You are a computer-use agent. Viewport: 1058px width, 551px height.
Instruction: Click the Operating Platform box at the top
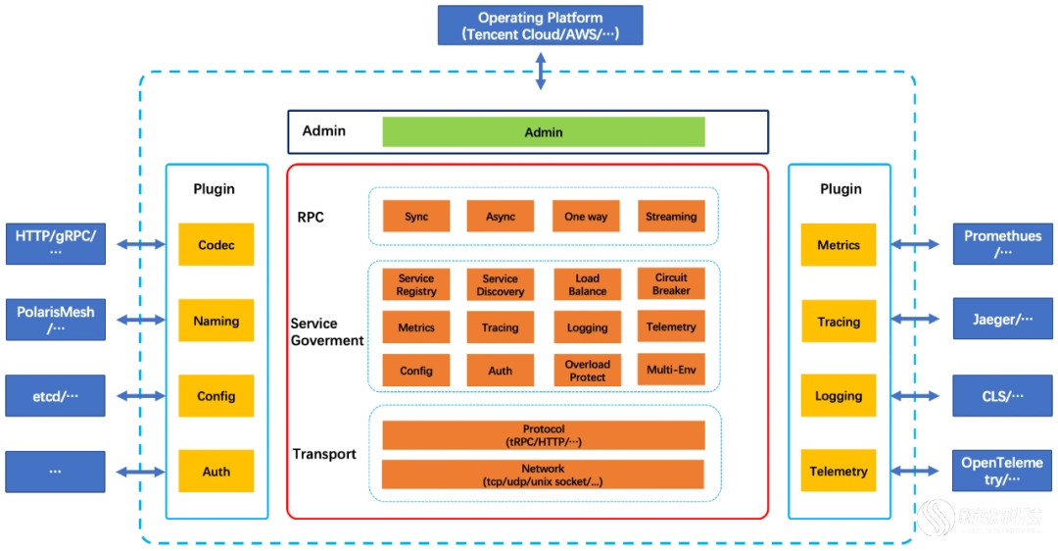pyautogui.click(x=540, y=25)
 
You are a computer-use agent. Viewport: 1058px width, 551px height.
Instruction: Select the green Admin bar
pyautogui.click(x=543, y=131)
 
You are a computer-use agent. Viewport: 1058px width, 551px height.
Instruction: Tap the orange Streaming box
pyautogui.click(x=671, y=216)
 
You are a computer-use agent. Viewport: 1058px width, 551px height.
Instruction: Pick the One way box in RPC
pyautogui.click(x=586, y=216)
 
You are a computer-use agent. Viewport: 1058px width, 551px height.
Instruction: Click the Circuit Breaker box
pyautogui.click(x=671, y=283)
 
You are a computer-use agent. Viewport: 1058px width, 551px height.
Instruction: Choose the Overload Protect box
pyautogui.click(x=587, y=370)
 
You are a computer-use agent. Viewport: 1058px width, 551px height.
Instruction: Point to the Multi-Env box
pyautogui.click(x=671, y=370)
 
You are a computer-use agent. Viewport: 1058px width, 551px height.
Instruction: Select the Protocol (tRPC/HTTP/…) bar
pyautogui.click(x=543, y=435)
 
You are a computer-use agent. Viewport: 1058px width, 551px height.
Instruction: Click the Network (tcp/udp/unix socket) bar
pyautogui.click(x=543, y=474)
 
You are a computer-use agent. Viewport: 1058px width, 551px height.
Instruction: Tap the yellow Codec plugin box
pyautogui.click(x=216, y=244)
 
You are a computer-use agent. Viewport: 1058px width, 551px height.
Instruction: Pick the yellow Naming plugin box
pyautogui.click(x=216, y=320)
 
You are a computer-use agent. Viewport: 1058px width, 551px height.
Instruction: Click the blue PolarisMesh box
pyautogui.click(x=55, y=320)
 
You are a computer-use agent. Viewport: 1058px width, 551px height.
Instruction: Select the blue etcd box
pyautogui.click(x=55, y=396)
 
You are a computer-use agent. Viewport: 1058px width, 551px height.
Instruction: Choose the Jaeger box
pyautogui.click(x=1003, y=319)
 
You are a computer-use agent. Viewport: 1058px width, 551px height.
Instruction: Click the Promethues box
pyautogui.click(x=1003, y=244)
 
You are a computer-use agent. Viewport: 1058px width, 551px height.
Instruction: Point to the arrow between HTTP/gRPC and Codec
pyautogui.click(x=141, y=244)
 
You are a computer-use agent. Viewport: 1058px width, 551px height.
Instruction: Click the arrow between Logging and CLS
pyautogui.click(x=915, y=396)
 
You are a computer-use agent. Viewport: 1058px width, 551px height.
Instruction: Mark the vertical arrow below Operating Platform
pyautogui.click(x=541, y=71)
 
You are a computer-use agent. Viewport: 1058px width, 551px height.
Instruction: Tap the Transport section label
pyautogui.click(x=324, y=454)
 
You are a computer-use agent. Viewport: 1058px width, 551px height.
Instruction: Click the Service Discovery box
pyautogui.click(x=500, y=284)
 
